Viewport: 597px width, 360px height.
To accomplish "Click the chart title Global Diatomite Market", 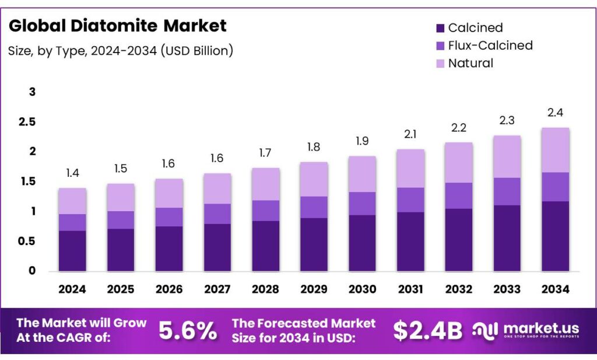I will point(117,26).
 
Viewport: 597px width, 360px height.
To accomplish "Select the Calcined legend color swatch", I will point(440,28).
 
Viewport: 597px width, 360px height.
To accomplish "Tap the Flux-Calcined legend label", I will point(490,46).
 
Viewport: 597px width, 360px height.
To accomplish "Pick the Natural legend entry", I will point(470,63).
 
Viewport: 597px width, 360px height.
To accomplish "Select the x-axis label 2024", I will point(72,289).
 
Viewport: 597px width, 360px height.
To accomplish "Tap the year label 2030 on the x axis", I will point(362,289).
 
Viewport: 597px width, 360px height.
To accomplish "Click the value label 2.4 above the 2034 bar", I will point(555,113).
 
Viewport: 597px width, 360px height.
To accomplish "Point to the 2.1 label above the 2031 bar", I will point(410,134).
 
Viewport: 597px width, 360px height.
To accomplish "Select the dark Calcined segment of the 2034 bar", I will point(555,236).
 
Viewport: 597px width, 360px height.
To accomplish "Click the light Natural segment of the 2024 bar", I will point(72,201).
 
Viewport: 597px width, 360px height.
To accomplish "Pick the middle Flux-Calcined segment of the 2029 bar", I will point(314,207).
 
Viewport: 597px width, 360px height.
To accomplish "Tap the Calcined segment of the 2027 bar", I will point(217,247).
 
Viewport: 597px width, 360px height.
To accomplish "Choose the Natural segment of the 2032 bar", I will point(458,162).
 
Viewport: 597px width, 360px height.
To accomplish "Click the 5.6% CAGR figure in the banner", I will point(188,331).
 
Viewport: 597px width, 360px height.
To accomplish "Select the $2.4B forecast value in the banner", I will point(427,331).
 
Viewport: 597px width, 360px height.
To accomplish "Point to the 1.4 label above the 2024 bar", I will point(72,173).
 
